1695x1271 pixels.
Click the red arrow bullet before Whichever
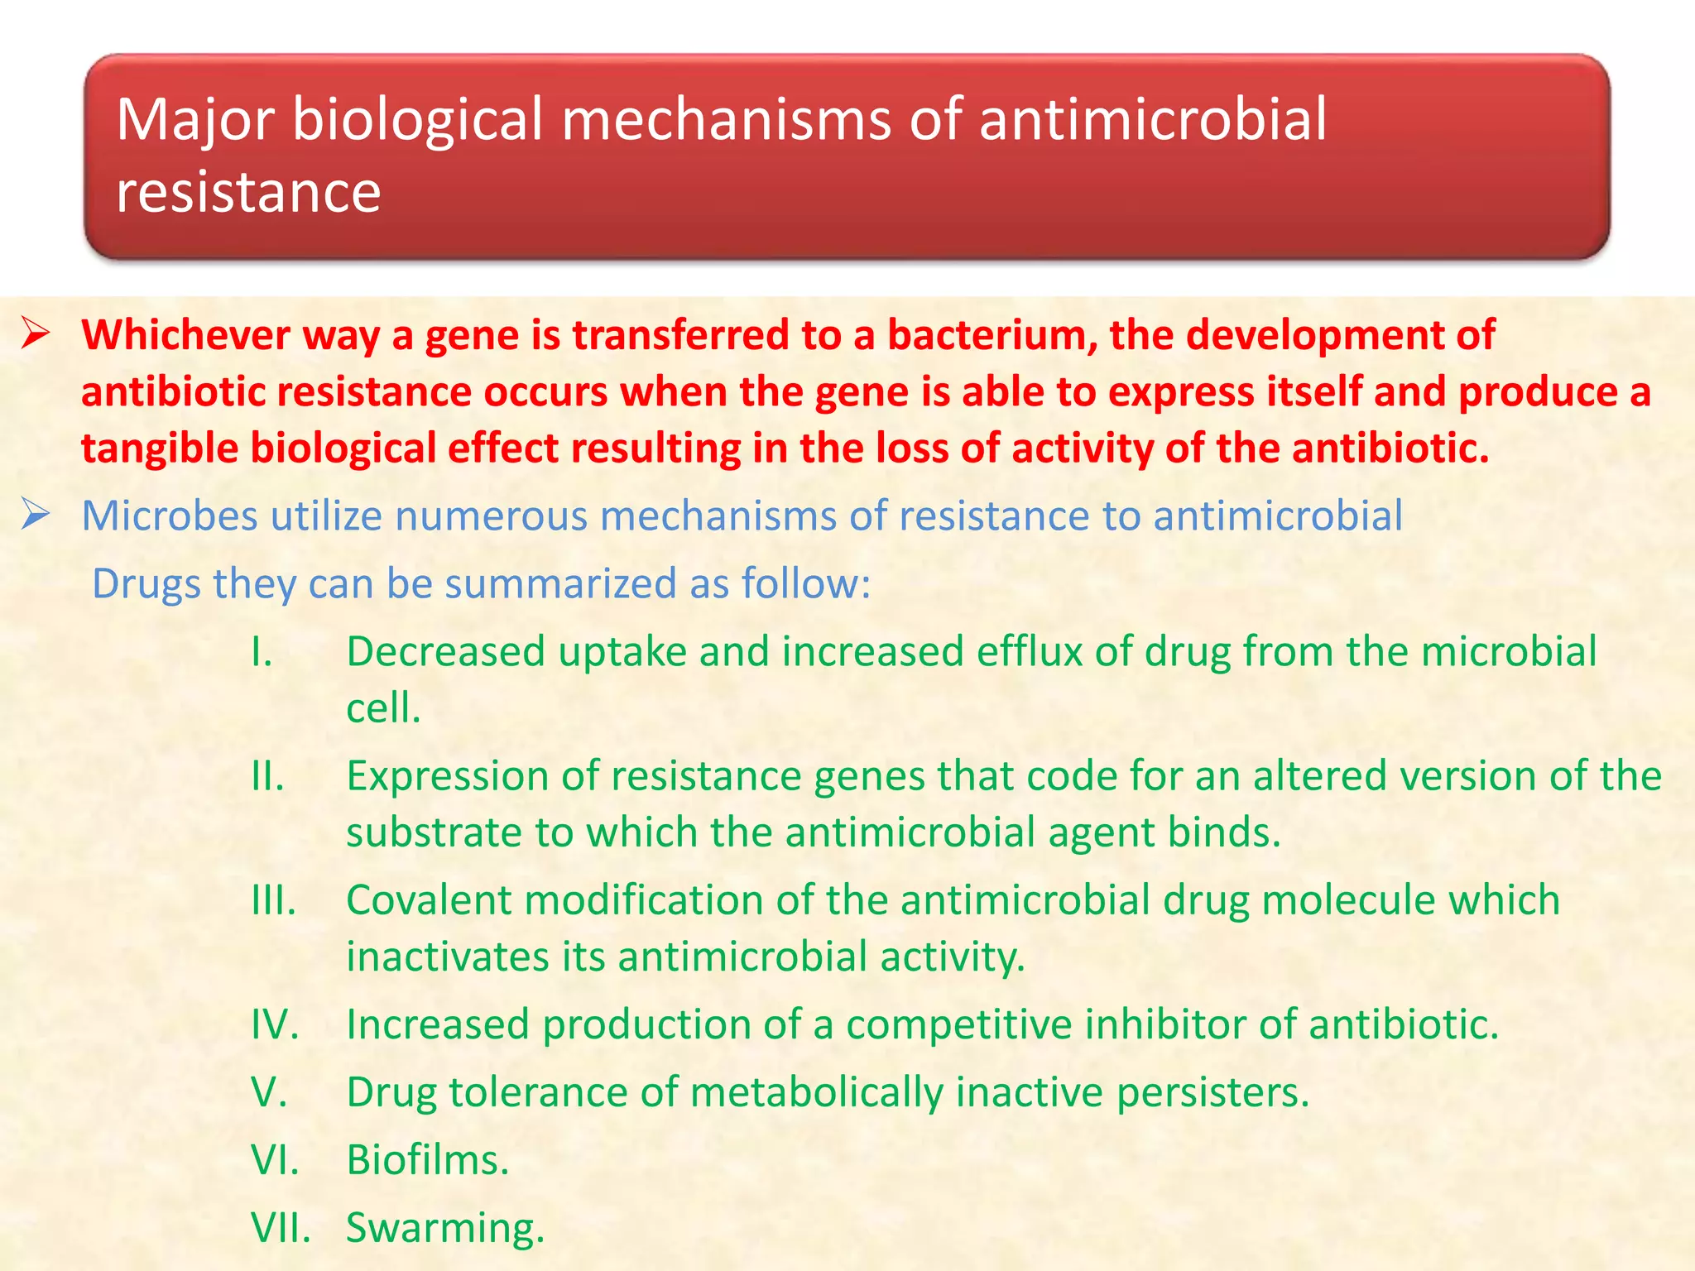pyautogui.click(x=36, y=335)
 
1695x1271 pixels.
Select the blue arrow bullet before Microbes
pyautogui.click(x=36, y=516)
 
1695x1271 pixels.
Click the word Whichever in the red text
pyautogui.click(x=185, y=336)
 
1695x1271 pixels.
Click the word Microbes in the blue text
pyautogui.click(x=170, y=516)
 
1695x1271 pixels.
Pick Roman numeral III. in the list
pyautogui.click(x=273, y=900)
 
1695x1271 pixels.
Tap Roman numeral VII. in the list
pyautogui.click(x=281, y=1228)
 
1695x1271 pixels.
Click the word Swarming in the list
pyautogui.click(x=444, y=1228)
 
